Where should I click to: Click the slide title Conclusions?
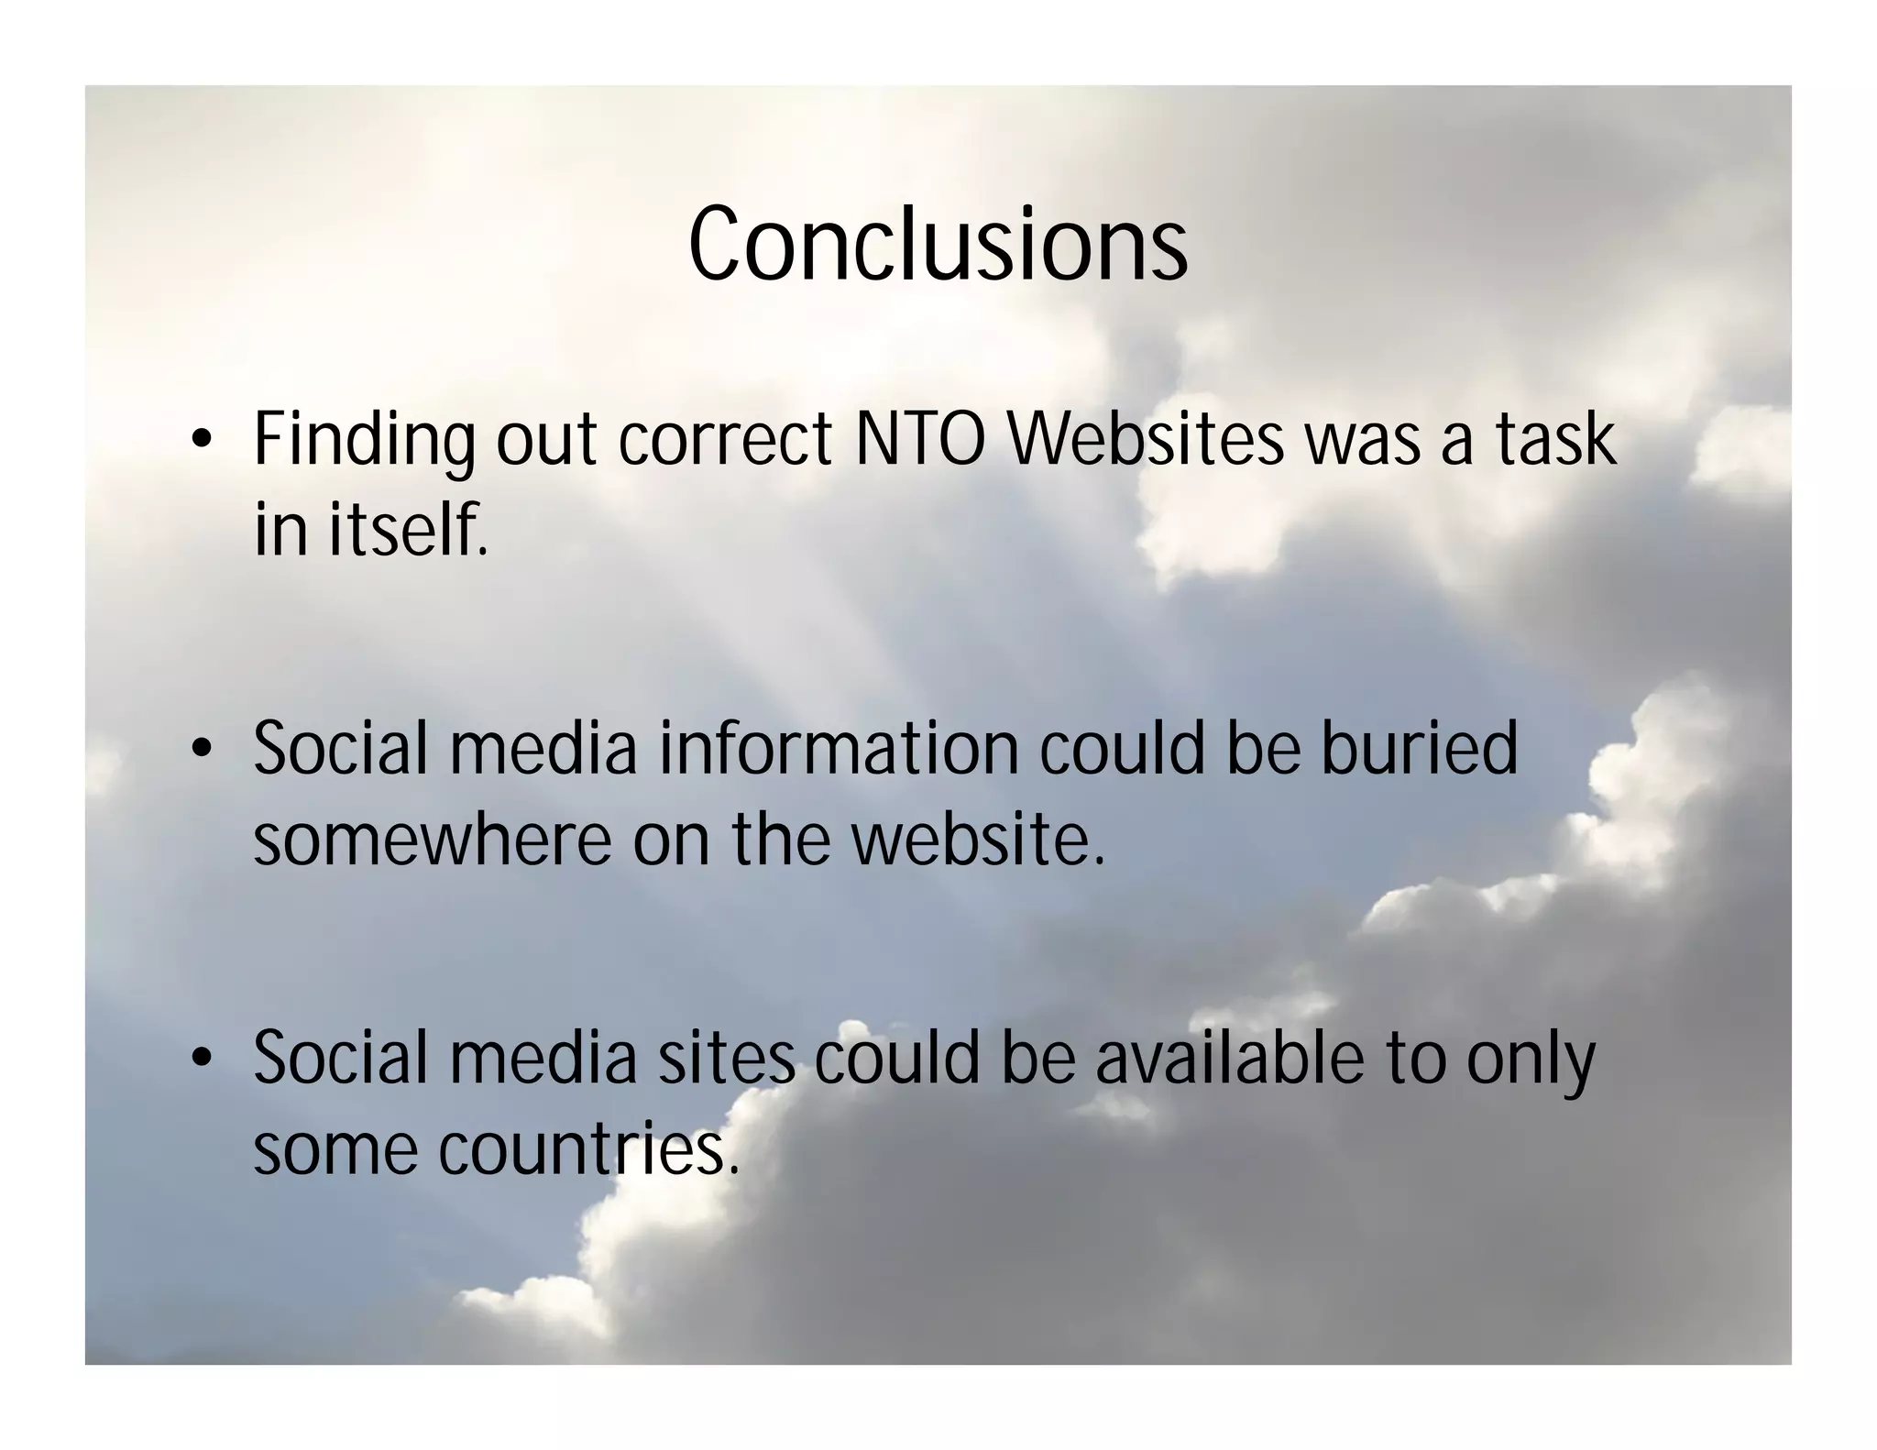click(x=938, y=244)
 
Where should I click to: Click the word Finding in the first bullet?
click(x=364, y=441)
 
